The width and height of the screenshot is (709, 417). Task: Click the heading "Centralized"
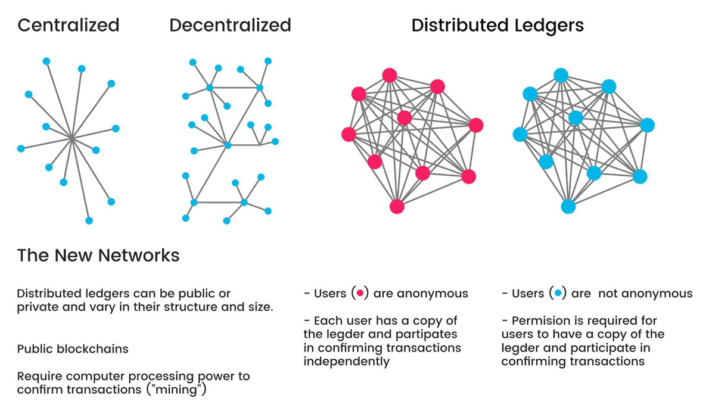(68, 26)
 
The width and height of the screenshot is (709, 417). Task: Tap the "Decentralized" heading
(230, 26)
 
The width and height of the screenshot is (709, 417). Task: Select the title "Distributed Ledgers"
(497, 26)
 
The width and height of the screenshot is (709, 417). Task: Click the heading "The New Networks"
(98, 256)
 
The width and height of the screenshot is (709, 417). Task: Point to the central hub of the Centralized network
(71, 138)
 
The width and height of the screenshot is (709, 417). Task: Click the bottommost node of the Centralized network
(89, 220)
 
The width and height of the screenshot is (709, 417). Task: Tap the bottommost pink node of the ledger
(397, 206)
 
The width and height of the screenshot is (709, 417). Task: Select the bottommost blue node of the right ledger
(568, 206)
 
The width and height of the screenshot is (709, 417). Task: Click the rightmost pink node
(475, 125)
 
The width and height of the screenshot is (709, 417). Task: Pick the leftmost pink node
(349, 134)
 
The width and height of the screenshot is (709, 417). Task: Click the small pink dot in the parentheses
(359, 294)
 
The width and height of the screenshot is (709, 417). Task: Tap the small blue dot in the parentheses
(558, 294)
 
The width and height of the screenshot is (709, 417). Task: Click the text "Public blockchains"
(73, 349)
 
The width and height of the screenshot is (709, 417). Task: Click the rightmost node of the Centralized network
(116, 128)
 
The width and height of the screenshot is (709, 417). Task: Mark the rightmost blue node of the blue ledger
(647, 125)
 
